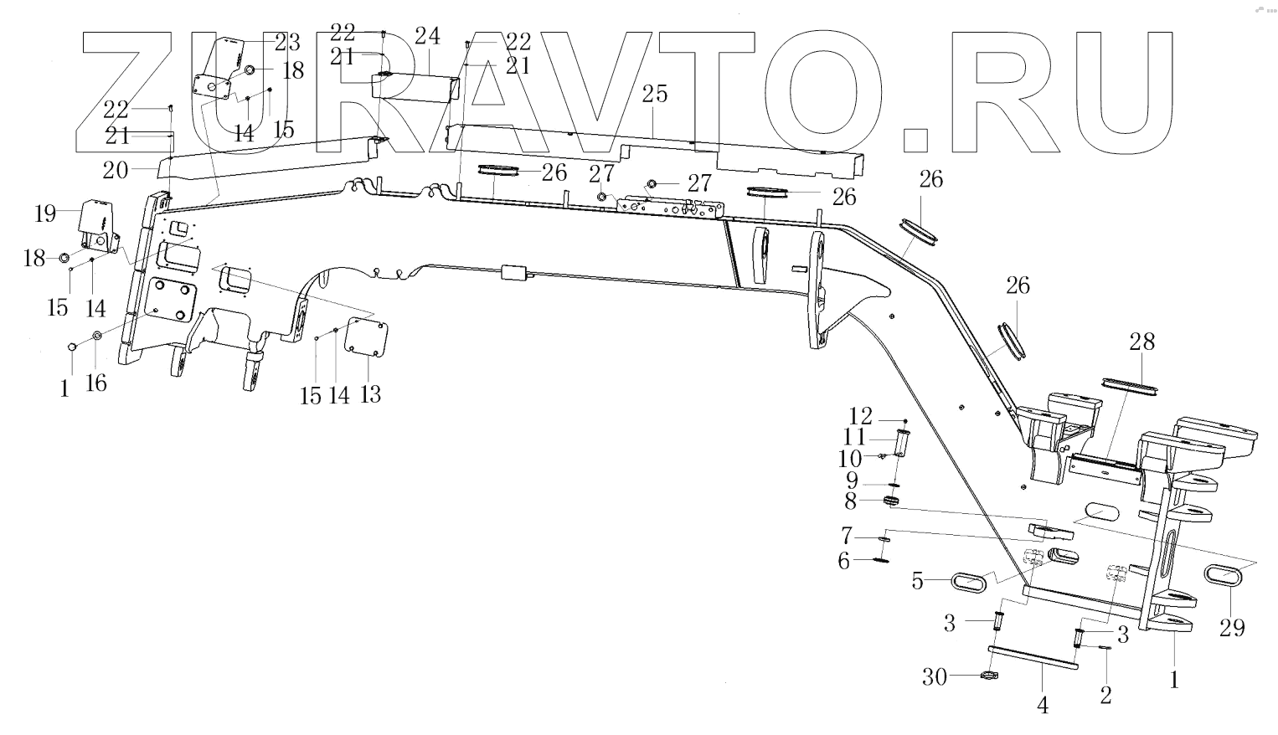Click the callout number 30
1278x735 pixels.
tap(935, 676)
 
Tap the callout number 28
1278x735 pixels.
tap(1141, 342)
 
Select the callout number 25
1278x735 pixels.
tap(655, 94)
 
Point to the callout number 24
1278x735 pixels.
tap(426, 36)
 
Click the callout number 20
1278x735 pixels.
tap(115, 170)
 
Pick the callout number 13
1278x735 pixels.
tap(370, 393)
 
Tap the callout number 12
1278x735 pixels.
tap(860, 416)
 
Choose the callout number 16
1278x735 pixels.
tap(97, 383)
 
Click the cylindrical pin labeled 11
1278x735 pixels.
tap(903, 441)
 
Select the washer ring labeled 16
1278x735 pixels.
tap(96, 337)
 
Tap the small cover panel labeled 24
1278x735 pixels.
tap(415, 86)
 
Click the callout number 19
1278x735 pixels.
tap(46, 213)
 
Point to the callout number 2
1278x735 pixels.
tap(1106, 694)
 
